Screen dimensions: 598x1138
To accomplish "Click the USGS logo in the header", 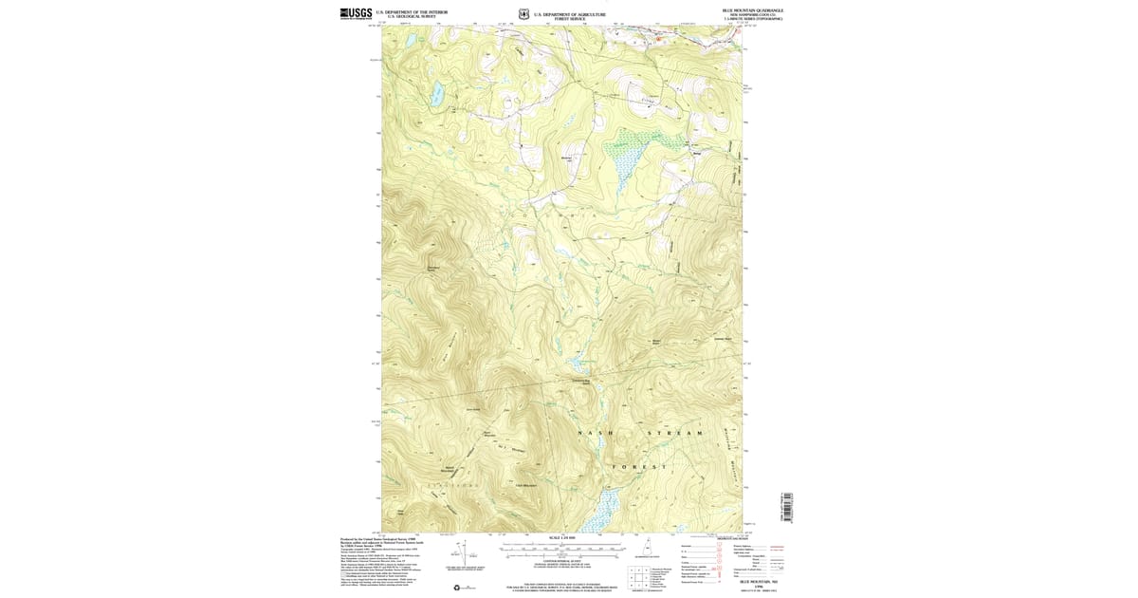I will tap(356, 13).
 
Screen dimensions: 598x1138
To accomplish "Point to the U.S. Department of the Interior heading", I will tap(412, 11).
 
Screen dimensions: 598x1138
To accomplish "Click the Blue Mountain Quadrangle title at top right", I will tap(759, 9).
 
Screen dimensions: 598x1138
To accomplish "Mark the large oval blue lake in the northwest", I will tap(437, 94).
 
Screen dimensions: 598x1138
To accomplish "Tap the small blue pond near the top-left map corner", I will tap(410, 42).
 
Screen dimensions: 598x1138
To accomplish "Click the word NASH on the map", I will tap(596, 433).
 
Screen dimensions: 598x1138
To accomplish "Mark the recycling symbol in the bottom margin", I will tap(466, 588).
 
